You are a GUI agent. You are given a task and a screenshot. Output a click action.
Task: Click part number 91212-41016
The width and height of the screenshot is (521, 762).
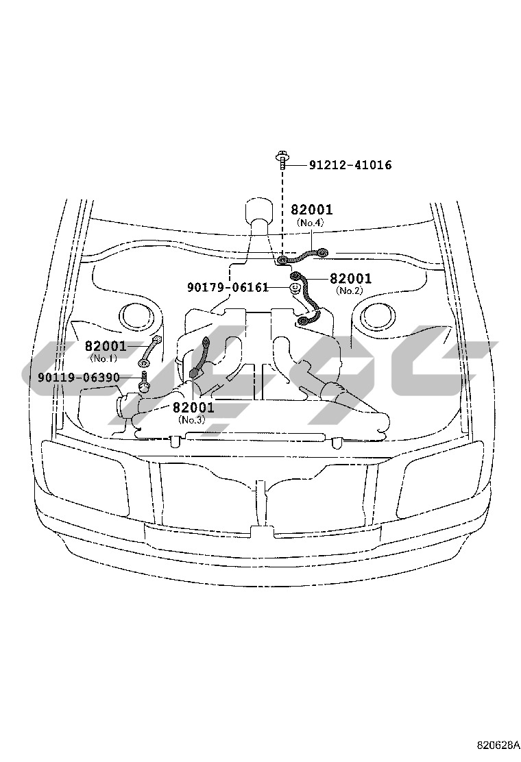(350, 165)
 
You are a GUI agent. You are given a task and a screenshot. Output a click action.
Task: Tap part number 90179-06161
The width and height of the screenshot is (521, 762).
(228, 288)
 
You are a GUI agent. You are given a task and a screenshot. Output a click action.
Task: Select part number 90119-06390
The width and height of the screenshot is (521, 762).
(80, 377)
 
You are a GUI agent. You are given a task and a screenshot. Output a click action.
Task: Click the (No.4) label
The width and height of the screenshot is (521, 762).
(310, 223)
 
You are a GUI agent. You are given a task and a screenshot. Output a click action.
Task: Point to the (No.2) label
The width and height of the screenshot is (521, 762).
(349, 291)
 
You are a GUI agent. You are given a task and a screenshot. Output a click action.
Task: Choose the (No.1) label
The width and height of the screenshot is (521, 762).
(104, 358)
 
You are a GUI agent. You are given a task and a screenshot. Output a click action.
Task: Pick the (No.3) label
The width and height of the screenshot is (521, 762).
(192, 420)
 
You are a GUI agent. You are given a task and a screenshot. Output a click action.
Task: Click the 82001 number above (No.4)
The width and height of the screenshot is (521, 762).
(312, 210)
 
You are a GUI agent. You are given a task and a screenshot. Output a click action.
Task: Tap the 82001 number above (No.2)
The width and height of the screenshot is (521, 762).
(350, 278)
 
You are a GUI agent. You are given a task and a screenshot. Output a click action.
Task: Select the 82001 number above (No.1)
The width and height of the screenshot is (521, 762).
(106, 346)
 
